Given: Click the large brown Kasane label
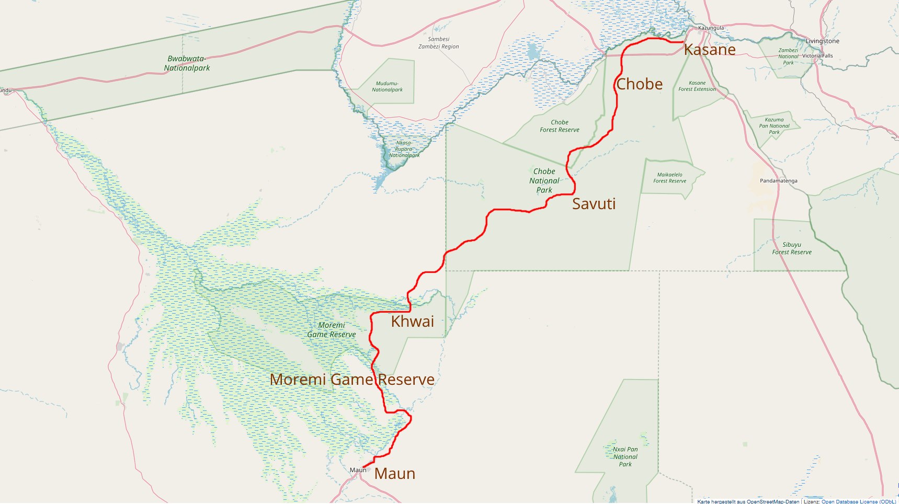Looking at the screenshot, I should [709, 50].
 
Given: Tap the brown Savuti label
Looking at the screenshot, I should [594, 203].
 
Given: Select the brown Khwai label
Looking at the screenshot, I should [412, 321].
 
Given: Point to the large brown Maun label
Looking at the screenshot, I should [395, 474].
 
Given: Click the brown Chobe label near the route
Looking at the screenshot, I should [639, 84].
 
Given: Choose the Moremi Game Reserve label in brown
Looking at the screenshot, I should [352, 380].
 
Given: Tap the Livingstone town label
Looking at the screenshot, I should [822, 41].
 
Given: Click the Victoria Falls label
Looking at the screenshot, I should [817, 56].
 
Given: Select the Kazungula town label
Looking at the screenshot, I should [711, 28].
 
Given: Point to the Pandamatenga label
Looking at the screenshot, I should [778, 181].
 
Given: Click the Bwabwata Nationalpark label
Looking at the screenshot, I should [187, 63].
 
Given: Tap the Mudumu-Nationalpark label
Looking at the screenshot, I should [387, 87].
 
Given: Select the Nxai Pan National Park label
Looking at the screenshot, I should [625, 456].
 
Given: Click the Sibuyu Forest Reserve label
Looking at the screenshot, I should [792, 248].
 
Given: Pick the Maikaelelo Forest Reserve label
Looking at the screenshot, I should [669, 178].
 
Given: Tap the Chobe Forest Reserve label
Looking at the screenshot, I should [560, 126].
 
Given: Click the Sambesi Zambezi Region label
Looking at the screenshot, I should [438, 43].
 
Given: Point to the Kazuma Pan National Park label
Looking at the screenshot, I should [774, 126].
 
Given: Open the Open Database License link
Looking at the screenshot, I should [858, 501].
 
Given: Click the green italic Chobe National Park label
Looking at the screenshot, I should [544, 180].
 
